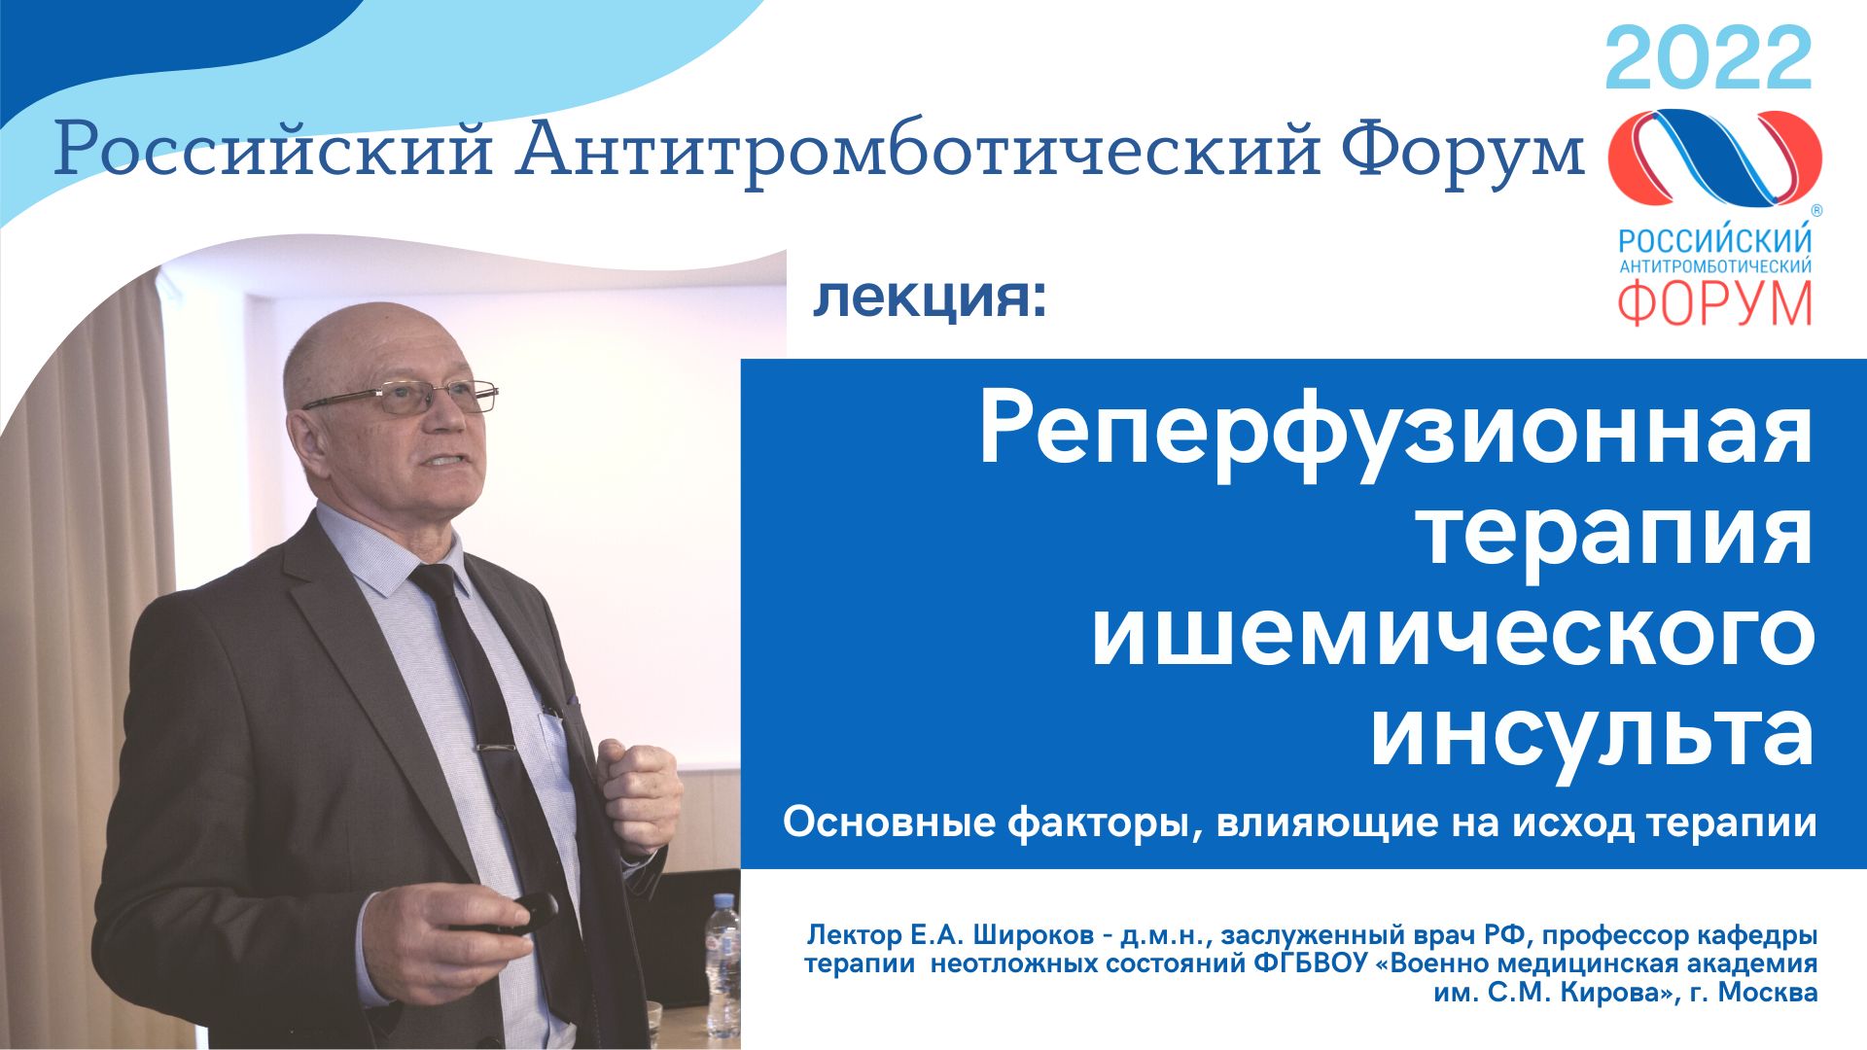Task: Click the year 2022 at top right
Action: (x=1708, y=60)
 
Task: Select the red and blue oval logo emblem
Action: (x=1714, y=157)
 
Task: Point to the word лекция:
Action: (x=930, y=298)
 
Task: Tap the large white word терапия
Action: (x=1617, y=534)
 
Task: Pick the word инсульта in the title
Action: (x=1592, y=737)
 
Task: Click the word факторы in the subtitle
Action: (x=1098, y=823)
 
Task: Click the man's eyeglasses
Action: (x=408, y=398)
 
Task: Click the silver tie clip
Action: (x=494, y=749)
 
